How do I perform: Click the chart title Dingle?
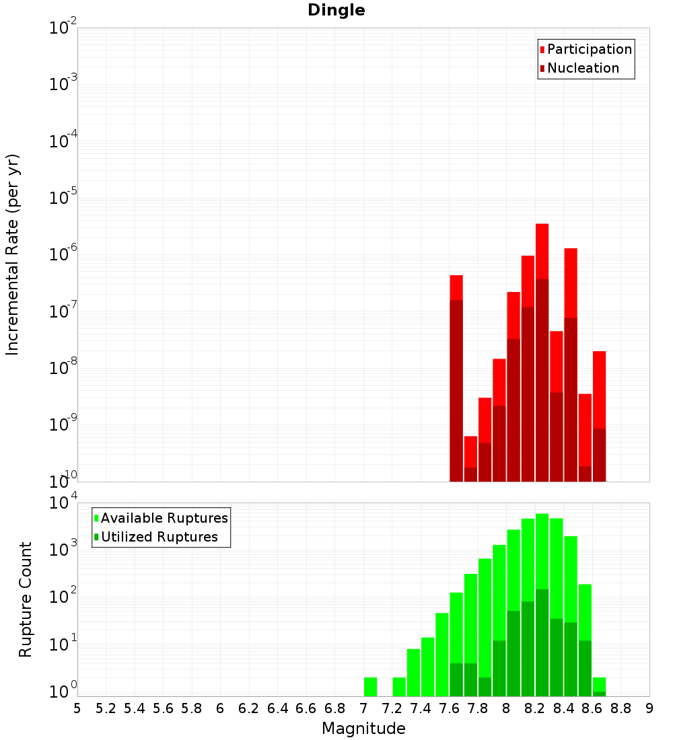click(x=336, y=10)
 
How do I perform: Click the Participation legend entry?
click(x=590, y=49)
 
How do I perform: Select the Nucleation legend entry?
click(x=583, y=68)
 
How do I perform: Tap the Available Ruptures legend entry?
click(x=164, y=518)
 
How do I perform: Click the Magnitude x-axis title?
click(x=363, y=729)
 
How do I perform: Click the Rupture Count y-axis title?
click(x=26, y=599)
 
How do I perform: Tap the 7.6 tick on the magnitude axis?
click(x=450, y=708)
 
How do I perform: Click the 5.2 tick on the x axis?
click(x=106, y=708)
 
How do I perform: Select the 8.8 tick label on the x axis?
click(x=621, y=708)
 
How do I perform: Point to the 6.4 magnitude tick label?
click(x=277, y=708)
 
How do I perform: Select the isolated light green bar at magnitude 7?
click(x=370, y=687)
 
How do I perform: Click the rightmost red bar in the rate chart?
click(x=600, y=390)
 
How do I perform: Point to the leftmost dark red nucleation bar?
click(x=456, y=390)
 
